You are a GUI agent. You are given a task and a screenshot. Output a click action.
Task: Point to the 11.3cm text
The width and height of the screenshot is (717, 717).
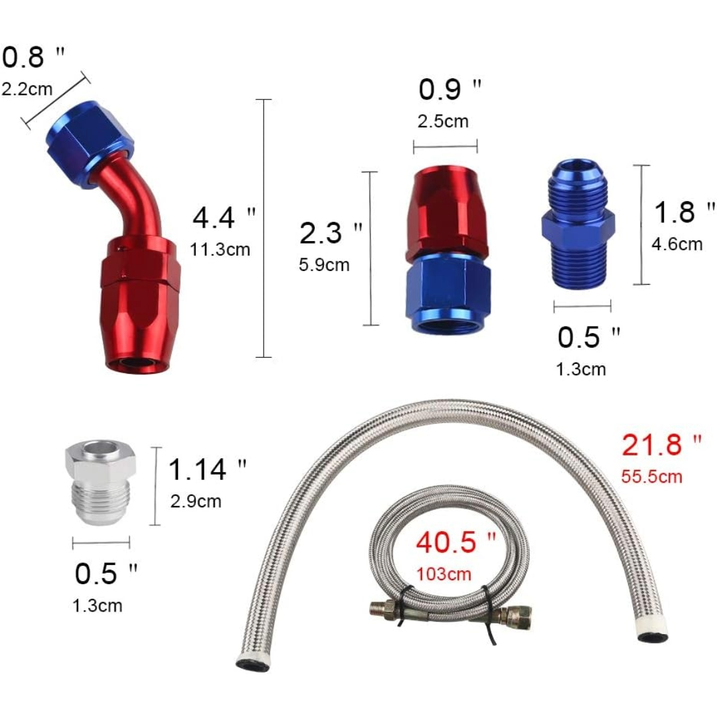pos(220,250)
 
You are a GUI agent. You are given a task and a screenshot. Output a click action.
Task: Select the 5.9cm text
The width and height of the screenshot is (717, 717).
pos(324,265)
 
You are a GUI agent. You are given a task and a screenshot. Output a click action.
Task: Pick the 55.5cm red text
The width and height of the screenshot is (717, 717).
pos(651,476)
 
